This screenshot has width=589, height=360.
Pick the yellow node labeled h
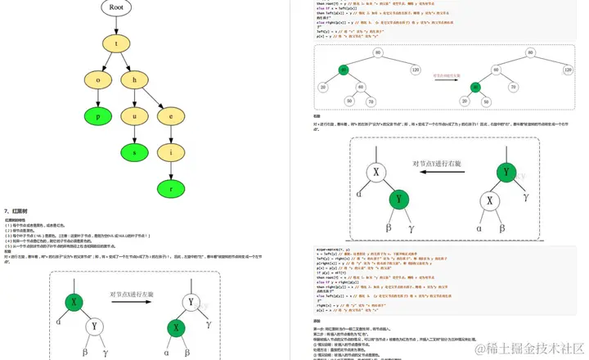135,79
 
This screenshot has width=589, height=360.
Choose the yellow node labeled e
170,115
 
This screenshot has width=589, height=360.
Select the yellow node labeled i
170,152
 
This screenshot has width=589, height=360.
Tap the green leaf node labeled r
170,187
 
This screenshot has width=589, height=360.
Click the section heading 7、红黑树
19,211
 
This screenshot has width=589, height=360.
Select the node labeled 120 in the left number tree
415,70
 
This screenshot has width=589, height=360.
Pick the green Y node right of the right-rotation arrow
506,172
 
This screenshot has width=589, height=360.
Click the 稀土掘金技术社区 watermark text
536,346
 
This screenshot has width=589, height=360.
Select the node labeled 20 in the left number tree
324,88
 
